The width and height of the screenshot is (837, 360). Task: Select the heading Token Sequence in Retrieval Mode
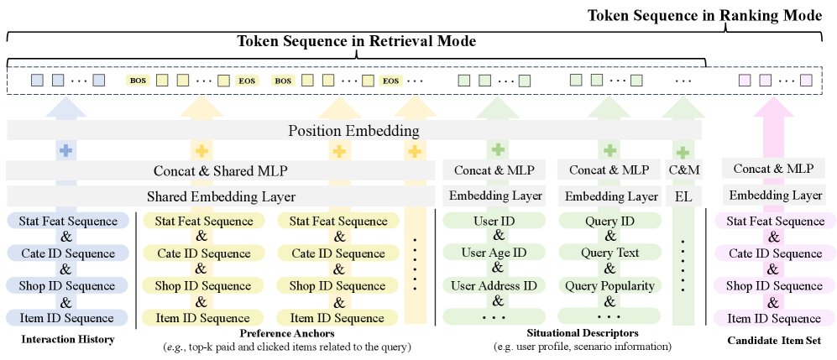pos(356,40)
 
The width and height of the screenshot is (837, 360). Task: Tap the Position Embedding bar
pos(353,131)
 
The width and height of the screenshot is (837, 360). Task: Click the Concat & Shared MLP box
pos(220,171)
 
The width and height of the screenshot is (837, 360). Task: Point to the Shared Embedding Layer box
pos(220,196)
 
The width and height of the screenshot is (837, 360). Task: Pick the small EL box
pos(683,196)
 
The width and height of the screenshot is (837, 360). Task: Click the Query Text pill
pos(609,253)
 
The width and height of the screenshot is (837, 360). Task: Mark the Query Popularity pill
pos(609,285)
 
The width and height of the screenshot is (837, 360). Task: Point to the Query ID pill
pos(609,222)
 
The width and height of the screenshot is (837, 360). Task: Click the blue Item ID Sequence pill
pos(67,318)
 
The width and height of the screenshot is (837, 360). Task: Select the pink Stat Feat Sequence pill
pos(776,222)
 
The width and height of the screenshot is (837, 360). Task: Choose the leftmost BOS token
pos(137,81)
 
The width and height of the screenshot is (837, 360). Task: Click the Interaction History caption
pos(66,340)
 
